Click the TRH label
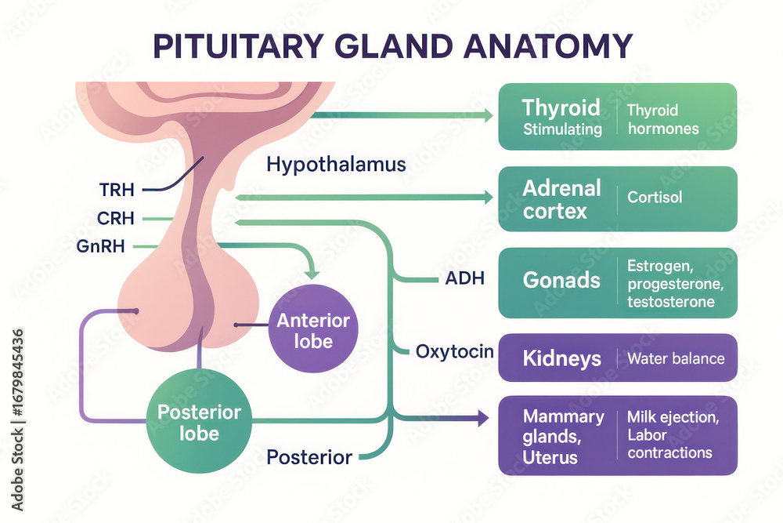coord(117,190)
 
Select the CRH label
coord(116,219)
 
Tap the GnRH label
coord(100,246)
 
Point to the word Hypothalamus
coord(336,165)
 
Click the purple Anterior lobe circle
coord(313,329)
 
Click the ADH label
coord(465,278)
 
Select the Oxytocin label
coord(455,351)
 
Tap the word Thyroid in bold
coord(561,108)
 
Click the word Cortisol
coord(655,197)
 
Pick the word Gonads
coord(561,280)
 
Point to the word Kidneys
coord(561,358)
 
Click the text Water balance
coord(677,358)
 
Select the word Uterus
coord(550,457)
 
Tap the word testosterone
coord(671,302)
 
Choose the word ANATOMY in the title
coord(548,46)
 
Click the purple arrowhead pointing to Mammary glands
coord(483,418)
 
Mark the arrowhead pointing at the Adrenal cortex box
coord(487,197)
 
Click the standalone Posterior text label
coord(309,457)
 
